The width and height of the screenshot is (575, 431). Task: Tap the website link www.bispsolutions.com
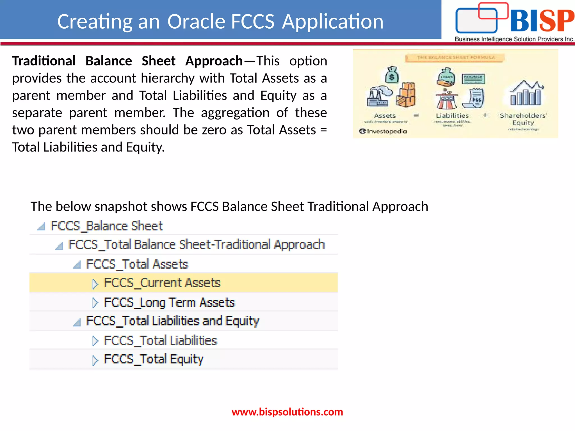coord(287,412)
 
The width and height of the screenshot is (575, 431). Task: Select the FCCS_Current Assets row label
coord(162,283)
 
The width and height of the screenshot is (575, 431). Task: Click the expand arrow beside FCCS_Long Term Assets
coord(95,302)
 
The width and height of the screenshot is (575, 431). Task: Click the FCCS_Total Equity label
coord(154,359)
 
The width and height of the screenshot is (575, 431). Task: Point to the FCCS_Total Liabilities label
coord(160,340)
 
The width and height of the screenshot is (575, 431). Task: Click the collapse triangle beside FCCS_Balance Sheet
coord(42,226)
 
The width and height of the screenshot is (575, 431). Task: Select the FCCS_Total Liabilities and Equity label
coord(172,321)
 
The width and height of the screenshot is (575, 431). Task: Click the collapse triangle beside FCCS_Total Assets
coord(77,265)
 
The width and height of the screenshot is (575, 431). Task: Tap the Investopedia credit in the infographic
coord(383,131)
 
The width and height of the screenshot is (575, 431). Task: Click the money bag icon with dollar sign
coord(392,75)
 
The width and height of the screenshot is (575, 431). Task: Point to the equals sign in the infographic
coord(416,115)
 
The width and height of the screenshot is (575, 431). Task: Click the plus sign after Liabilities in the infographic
coord(485,115)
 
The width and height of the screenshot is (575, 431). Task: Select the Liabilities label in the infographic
coord(452,115)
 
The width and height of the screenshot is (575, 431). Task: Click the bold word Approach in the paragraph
coord(214,61)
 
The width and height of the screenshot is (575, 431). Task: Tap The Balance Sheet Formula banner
coord(455,58)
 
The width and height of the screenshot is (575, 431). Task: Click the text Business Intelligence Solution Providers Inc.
coord(514,39)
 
